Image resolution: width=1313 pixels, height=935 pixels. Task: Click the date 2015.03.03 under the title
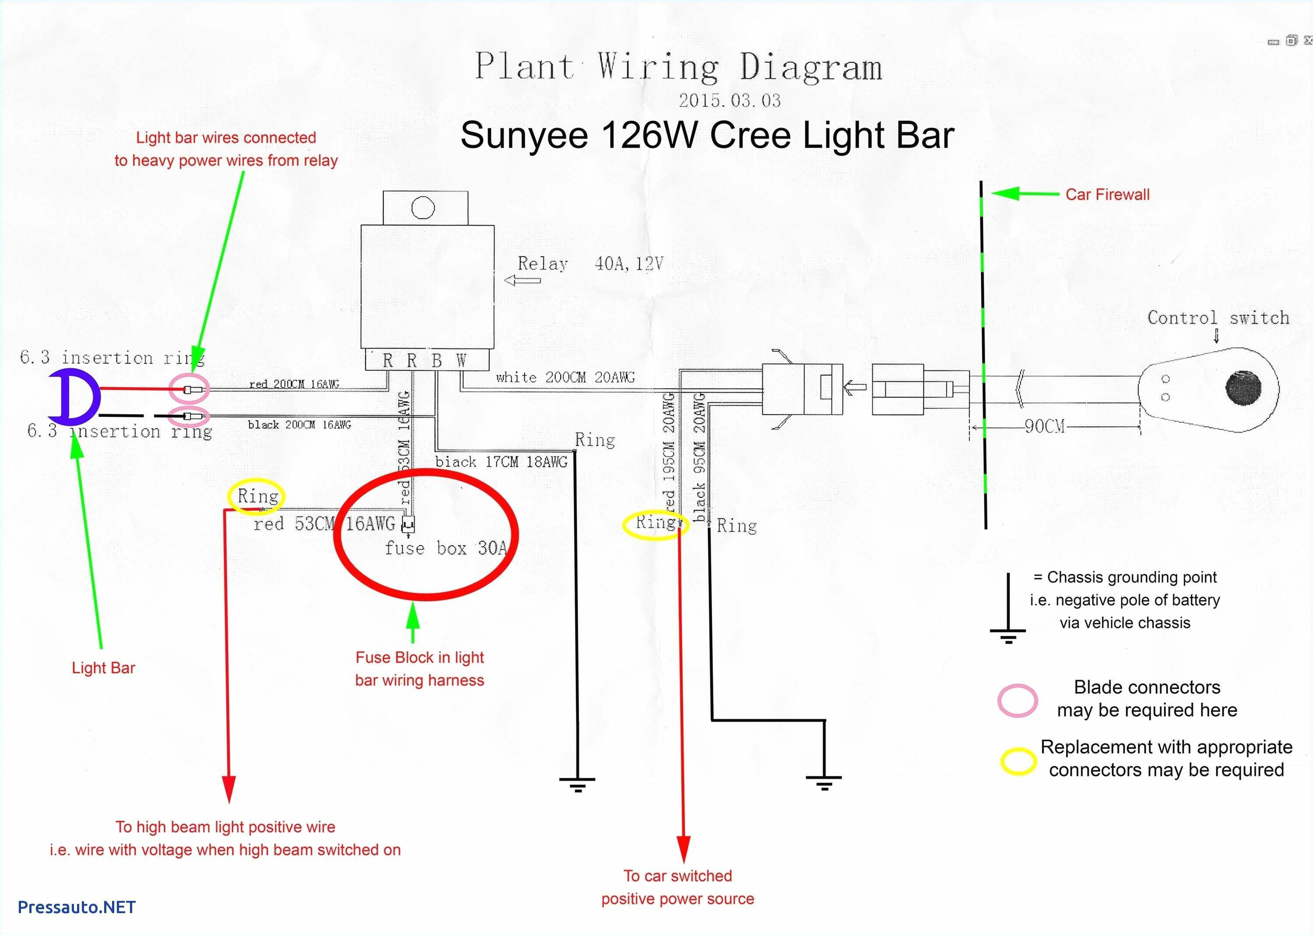click(730, 101)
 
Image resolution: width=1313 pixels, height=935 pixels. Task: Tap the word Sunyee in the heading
click(524, 136)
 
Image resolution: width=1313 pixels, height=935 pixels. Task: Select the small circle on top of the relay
click(423, 208)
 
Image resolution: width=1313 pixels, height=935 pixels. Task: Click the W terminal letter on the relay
click(461, 361)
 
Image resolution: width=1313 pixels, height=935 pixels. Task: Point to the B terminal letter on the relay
click(437, 361)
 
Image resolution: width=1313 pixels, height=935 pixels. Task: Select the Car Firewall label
click(1107, 195)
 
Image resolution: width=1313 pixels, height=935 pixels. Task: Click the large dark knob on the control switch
click(1243, 388)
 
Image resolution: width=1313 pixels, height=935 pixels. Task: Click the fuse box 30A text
click(446, 548)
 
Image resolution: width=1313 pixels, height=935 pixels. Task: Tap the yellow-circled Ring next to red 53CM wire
click(257, 496)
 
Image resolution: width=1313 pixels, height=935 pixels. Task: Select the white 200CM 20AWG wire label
click(565, 378)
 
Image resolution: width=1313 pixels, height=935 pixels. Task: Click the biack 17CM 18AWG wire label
click(501, 462)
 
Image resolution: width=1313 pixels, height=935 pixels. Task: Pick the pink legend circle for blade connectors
click(1018, 700)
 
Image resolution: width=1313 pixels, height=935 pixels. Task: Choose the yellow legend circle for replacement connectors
click(1018, 761)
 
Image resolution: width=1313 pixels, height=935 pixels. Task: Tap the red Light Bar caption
click(103, 668)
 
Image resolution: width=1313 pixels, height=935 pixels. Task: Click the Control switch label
click(1218, 318)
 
